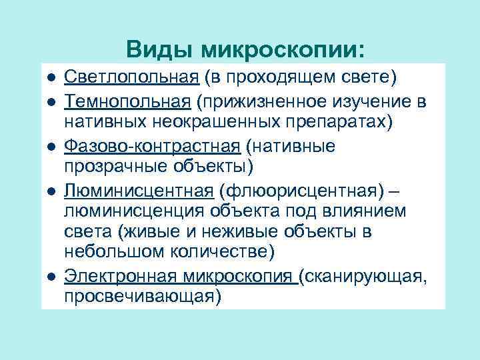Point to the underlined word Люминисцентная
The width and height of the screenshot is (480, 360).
(139, 190)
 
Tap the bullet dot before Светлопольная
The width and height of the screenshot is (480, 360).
(51, 79)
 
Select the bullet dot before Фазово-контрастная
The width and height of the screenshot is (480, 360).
(51, 146)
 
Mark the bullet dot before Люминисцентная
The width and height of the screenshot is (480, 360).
(51, 191)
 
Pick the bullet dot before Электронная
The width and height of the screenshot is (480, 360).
(51, 277)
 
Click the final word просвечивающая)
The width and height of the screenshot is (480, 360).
(142, 297)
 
